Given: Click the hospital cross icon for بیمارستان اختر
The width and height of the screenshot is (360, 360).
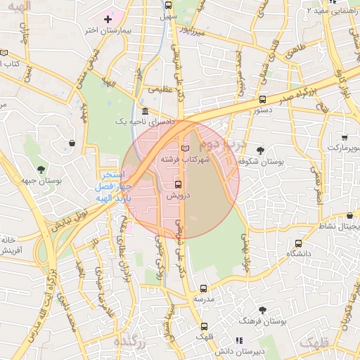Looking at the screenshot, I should tap(108, 18).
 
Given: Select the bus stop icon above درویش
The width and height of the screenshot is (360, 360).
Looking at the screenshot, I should tap(176, 184).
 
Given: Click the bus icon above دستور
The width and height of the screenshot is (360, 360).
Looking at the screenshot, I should tap(263, 99).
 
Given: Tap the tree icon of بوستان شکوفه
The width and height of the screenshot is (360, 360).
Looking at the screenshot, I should tap(260, 150).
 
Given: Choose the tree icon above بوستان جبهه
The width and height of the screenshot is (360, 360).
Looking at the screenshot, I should tap(41, 169).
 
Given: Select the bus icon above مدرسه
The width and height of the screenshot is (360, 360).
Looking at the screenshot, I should tap(204, 288).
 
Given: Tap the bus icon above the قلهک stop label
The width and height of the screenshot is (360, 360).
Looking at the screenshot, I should tap(204, 326).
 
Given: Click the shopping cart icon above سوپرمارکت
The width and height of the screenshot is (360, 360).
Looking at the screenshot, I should tap(345, 138).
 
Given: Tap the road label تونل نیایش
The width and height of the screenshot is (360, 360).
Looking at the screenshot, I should tap(64, 219).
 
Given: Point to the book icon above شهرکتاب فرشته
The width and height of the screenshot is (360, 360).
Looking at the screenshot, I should tap(185, 149).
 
